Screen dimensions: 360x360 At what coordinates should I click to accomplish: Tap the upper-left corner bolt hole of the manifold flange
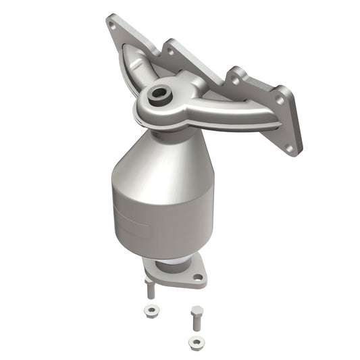coord(112,24)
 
